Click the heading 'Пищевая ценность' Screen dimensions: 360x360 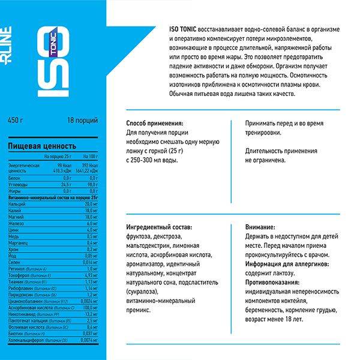coord(41,146)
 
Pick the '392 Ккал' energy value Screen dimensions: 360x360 coord(88,165)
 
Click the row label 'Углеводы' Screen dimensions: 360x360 coord(18,185)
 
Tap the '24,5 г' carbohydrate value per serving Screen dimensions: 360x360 coord(64,185)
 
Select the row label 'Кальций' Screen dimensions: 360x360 coord(16,205)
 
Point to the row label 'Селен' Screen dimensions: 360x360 coord(14,262)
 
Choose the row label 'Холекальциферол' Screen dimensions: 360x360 coord(27,340)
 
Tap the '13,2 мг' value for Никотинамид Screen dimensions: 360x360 coord(91,313)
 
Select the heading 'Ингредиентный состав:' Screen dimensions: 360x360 coord(159,228)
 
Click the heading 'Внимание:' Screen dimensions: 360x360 coord(260,228)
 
